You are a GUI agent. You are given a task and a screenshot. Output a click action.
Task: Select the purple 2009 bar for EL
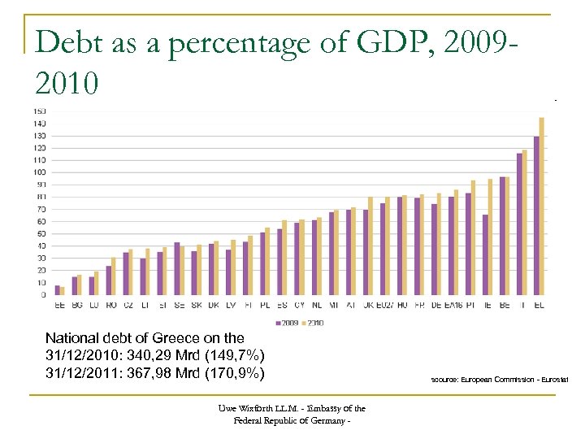[x=536, y=215]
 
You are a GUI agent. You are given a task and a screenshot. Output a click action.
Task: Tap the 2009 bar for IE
[x=485, y=254]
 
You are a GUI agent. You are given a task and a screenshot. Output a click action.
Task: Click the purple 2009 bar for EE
[x=57, y=289]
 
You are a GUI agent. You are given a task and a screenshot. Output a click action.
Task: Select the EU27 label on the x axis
[x=385, y=305]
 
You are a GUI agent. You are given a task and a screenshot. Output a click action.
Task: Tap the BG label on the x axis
[x=77, y=305]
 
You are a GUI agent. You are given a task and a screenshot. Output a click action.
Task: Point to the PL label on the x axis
[x=265, y=305]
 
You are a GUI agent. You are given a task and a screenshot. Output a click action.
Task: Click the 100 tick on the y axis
[x=39, y=172]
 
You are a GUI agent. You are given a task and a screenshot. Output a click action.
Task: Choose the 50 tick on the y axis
[x=41, y=233]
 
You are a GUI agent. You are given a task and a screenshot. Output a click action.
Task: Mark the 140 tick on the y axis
[x=39, y=123]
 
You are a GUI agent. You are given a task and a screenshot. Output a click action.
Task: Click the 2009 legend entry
[x=286, y=323]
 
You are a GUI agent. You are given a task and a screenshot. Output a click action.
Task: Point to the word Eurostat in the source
[x=553, y=380]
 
